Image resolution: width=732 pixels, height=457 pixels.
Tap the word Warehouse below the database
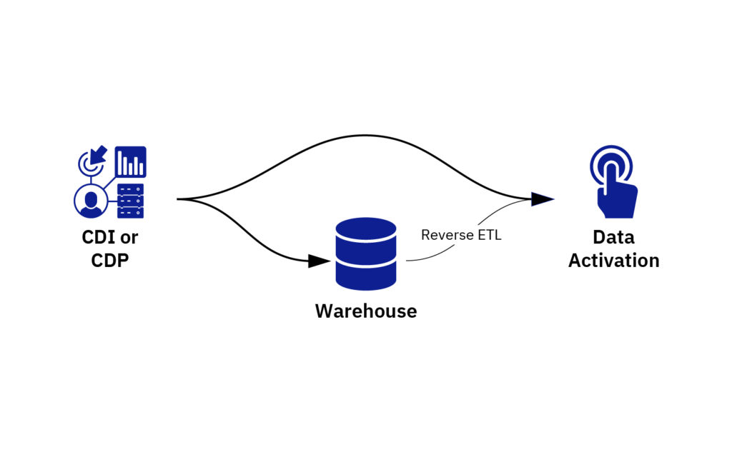coord(366,311)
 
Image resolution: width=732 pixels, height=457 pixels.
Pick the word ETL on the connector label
coord(490,234)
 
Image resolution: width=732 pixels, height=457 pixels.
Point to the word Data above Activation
coord(613,237)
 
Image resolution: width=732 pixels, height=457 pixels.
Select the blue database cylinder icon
coord(366,253)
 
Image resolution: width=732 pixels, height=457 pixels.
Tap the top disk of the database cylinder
coord(366,230)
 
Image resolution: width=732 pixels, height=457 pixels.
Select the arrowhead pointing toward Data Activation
coord(543,199)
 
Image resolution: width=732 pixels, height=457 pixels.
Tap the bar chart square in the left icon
coord(131,162)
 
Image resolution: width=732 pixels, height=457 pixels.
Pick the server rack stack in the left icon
coord(130,201)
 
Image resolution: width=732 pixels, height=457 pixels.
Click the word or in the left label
coord(129,237)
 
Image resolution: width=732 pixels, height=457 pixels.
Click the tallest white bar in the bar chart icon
coord(123,163)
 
